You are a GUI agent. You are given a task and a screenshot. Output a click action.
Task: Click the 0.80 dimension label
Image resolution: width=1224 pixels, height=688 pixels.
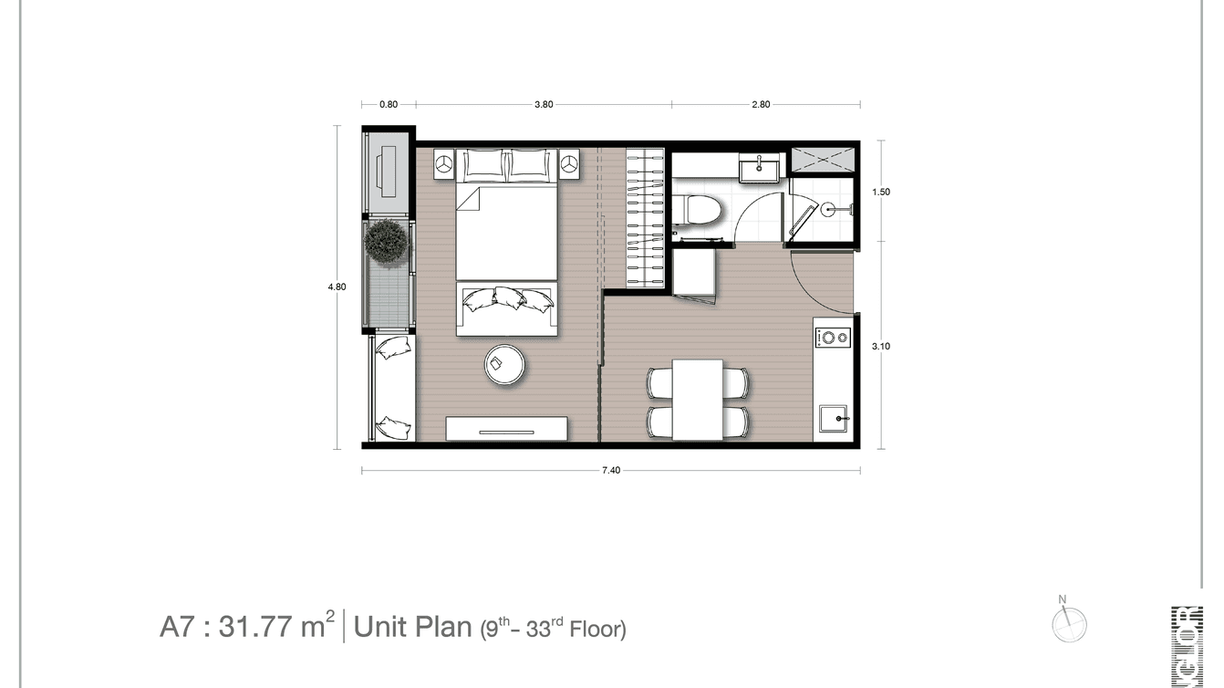(x=389, y=104)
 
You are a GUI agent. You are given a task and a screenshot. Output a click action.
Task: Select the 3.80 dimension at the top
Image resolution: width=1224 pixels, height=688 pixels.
(x=544, y=104)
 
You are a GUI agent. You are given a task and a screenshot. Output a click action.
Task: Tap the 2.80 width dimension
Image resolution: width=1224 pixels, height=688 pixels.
(x=761, y=104)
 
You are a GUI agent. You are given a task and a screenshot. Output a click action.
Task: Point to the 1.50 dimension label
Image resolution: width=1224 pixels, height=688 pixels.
(x=881, y=193)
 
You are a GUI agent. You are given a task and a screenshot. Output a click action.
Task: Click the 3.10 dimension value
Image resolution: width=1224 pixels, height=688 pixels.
(x=881, y=346)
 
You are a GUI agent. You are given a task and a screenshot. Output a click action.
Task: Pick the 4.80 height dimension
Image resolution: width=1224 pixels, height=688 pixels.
(x=337, y=287)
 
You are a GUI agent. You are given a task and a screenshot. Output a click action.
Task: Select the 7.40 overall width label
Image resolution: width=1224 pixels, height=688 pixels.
(x=611, y=471)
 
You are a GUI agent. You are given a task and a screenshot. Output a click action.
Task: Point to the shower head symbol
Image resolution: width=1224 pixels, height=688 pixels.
(x=828, y=208)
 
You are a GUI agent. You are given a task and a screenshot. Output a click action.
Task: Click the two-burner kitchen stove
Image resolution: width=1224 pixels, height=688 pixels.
(x=832, y=337)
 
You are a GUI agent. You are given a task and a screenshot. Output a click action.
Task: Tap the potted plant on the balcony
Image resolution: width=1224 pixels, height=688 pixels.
(x=387, y=243)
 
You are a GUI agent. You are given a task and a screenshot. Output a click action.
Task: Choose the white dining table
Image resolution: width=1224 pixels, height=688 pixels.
(x=698, y=398)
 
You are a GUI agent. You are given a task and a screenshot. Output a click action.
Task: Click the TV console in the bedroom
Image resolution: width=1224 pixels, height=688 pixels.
(x=506, y=429)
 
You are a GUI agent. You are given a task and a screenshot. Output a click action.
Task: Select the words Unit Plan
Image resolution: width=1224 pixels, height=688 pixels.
(x=412, y=627)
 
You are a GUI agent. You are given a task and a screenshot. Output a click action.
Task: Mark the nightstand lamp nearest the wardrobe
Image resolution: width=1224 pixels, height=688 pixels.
(x=570, y=164)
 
